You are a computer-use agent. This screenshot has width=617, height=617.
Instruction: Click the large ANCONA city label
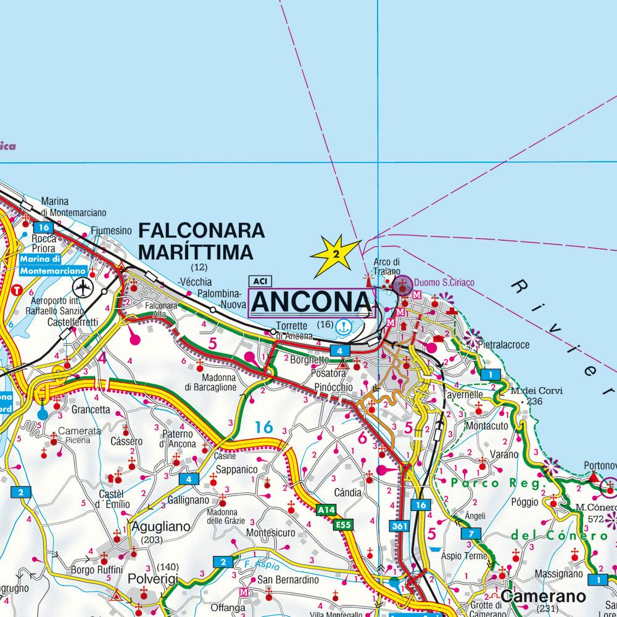[311, 302]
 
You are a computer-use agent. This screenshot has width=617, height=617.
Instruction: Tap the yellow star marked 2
[335, 254]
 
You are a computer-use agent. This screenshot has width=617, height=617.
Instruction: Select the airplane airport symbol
[81, 287]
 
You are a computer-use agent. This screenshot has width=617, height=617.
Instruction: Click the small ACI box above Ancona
[257, 281]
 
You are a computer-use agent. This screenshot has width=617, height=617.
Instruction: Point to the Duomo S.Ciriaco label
[444, 283]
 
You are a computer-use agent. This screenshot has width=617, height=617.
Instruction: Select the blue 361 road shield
[398, 526]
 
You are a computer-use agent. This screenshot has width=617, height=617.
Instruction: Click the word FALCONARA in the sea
[201, 231]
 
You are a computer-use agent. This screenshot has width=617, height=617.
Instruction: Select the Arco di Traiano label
[387, 266]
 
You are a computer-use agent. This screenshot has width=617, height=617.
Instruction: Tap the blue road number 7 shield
[471, 533]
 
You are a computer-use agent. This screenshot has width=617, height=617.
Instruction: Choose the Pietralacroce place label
[503, 346]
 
